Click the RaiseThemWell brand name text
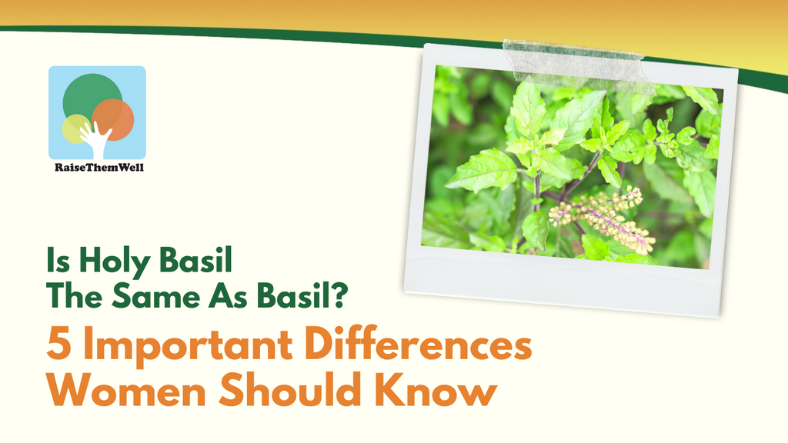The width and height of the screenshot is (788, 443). [99, 167]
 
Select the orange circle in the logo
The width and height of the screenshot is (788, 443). [114, 118]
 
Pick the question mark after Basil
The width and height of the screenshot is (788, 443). [339, 295]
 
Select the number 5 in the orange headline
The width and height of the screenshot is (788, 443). [58, 344]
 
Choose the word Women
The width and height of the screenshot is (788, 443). [126, 390]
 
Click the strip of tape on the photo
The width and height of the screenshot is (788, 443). [577, 65]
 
